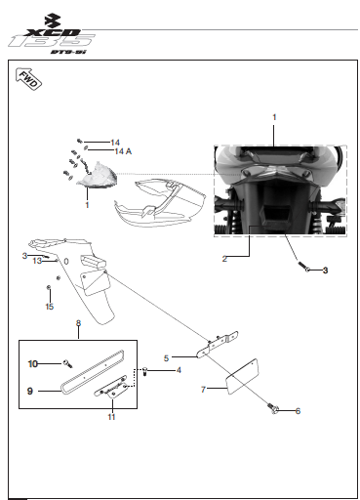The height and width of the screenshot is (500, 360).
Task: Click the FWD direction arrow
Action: [28, 79]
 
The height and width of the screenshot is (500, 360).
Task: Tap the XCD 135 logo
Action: [52, 34]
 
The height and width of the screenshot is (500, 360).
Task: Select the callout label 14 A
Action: [123, 151]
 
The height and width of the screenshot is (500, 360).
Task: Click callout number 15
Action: [50, 307]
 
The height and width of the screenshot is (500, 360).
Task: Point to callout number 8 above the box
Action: [78, 323]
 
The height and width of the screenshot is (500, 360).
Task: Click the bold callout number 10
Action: [33, 363]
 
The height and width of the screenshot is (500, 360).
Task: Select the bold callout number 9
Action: [30, 391]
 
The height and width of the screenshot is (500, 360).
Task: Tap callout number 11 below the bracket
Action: [111, 417]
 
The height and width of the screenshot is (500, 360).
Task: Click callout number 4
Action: [179, 370]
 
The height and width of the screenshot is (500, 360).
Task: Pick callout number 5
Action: [166, 358]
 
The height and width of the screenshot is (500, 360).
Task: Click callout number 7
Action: [203, 390]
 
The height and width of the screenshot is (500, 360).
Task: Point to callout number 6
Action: [298, 411]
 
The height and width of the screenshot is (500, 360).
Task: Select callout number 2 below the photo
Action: [224, 259]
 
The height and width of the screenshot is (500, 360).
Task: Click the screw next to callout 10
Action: [68, 364]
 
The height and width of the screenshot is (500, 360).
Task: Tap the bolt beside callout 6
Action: [272, 408]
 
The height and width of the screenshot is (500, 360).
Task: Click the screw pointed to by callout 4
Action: [145, 371]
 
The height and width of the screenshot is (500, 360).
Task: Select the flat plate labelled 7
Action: [242, 377]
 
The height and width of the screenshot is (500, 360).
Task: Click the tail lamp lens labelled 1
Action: [98, 177]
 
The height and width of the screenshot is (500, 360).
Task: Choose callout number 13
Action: [37, 261]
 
